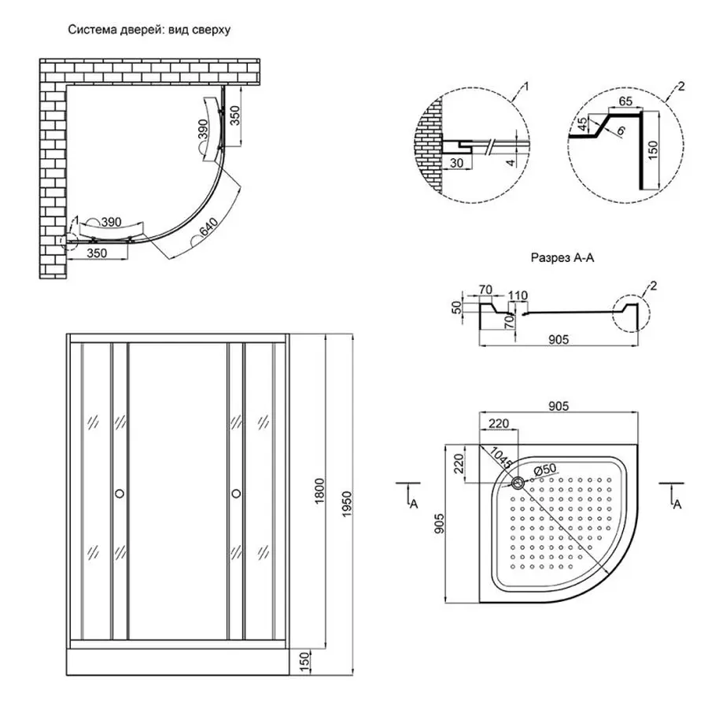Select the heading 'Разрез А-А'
click(561, 257)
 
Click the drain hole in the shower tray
click(519, 482)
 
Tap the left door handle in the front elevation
click(120, 493)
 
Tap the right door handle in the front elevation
click(235, 493)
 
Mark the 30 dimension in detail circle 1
click(456, 163)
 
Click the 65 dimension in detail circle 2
click(626, 101)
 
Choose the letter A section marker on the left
click(414, 504)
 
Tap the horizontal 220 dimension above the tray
click(496, 423)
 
